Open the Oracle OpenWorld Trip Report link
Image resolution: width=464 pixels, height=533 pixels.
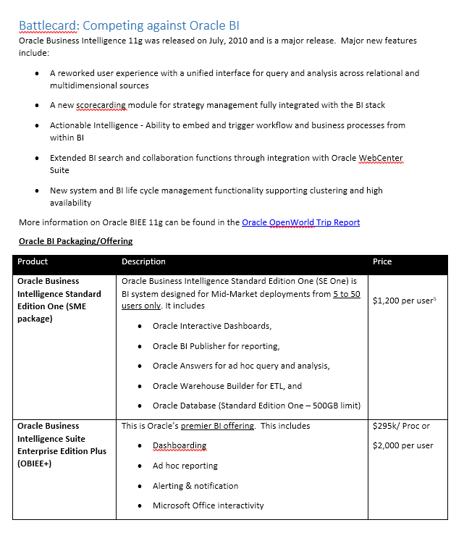(300, 222)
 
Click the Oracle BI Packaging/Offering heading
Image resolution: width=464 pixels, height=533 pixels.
(75, 241)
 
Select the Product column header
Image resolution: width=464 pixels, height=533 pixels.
(33, 261)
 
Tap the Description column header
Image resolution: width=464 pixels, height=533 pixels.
(143, 261)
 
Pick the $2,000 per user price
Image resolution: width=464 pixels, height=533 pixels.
(402, 445)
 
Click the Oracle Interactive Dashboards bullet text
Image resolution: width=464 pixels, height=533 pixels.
(212, 326)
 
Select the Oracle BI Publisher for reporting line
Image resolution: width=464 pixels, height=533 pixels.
(216, 346)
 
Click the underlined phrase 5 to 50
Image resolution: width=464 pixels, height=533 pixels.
(346, 294)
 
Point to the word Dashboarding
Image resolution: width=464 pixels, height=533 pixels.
(180, 445)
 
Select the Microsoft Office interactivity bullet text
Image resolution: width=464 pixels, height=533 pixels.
(208, 505)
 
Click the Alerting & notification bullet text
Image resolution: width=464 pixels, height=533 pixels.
(195, 486)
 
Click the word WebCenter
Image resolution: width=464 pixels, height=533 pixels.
(381, 158)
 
